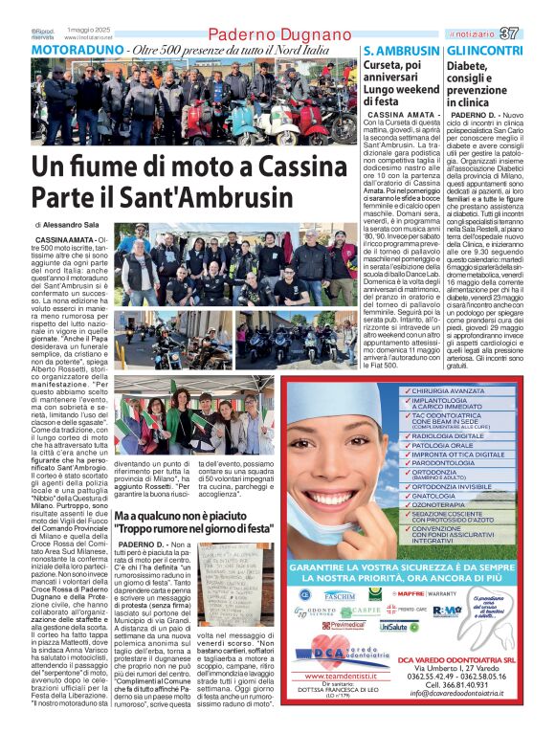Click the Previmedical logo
342,625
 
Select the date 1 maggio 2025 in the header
87,28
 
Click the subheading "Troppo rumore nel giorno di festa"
194,526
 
